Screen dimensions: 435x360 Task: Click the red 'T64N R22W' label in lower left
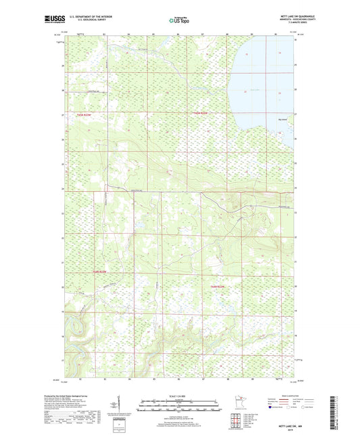point(99,272)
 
